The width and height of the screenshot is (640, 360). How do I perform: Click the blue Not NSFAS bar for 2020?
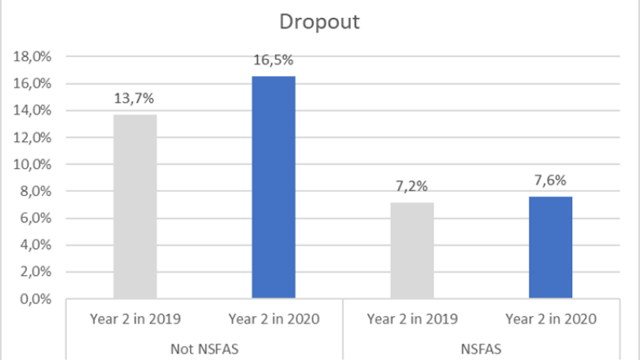pyautogui.click(x=273, y=188)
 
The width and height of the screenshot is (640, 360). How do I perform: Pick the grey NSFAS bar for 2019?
pyautogui.click(x=412, y=251)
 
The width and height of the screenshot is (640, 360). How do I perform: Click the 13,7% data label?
pyautogui.click(x=136, y=99)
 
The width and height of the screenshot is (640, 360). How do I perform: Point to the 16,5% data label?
pyautogui.click(x=273, y=60)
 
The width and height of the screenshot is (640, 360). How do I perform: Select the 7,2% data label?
pyautogui.click(x=412, y=186)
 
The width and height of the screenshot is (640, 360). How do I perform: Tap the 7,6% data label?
pyautogui.click(x=550, y=180)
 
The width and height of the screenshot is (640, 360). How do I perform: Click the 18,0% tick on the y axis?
pyautogui.click(x=32, y=57)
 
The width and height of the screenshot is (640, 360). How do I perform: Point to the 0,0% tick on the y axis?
pyautogui.click(x=34, y=300)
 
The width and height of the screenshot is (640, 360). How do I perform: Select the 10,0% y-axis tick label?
pyautogui.click(x=32, y=165)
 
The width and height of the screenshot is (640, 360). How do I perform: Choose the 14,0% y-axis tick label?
pyautogui.click(x=32, y=111)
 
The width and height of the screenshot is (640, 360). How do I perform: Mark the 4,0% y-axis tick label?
pyautogui.click(x=34, y=246)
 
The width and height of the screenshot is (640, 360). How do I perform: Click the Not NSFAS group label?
pyautogui.click(x=204, y=349)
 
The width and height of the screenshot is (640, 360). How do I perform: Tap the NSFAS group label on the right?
pyautogui.click(x=481, y=349)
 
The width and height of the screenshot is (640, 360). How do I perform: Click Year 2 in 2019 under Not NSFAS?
pyautogui.click(x=136, y=318)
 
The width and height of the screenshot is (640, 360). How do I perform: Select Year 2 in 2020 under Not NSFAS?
pyautogui.click(x=273, y=318)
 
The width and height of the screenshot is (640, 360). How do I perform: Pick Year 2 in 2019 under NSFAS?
pyautogui.click(x=412, y=318)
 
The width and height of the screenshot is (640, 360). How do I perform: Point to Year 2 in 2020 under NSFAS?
pyautogui.click(x=550, y=318)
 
